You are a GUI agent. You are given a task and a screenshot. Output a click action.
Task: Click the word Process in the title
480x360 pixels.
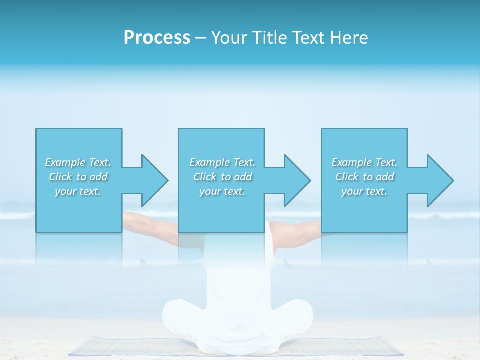pos(157,38)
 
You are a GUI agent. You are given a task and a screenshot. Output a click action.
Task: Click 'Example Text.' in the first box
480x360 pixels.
pos(78,162)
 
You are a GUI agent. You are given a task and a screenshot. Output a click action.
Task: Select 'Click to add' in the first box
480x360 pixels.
pos(78,177)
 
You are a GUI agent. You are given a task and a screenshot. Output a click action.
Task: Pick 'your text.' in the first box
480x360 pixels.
pos(78,191)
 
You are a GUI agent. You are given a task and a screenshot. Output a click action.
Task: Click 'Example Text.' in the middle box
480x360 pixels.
pos(222,162)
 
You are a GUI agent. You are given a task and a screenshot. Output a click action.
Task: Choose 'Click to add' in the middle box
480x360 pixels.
pos(222,177)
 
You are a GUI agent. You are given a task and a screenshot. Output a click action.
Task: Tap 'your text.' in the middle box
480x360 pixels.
pos(222,191)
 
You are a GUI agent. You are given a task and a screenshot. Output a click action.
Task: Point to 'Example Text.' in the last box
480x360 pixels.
pos(364,162)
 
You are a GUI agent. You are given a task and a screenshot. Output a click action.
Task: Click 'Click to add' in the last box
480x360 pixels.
pos(364,177)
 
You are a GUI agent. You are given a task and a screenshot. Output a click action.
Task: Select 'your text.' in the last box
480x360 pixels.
pos(364,191)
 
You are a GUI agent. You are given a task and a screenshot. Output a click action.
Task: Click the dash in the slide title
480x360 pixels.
pos(200,38)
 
